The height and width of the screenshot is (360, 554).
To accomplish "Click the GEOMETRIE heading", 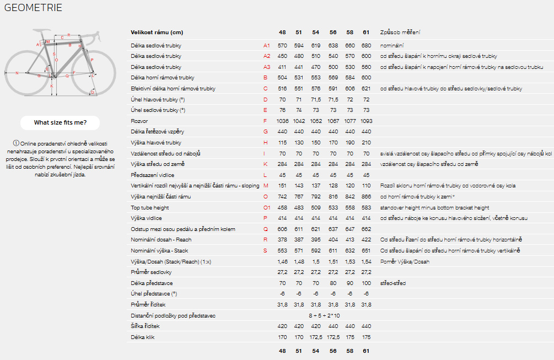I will click(x=33, y=8).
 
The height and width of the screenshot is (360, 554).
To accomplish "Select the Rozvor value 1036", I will click(x=282, y=121).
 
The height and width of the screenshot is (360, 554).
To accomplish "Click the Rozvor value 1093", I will click(x=366, y=121).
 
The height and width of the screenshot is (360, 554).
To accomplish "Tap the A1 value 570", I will click(x=282, y=45).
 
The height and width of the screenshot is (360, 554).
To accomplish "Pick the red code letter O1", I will click(x=267, y=208).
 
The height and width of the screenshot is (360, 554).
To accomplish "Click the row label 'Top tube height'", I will click(x=150, y=208).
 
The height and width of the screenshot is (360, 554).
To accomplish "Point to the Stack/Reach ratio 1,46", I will click(x=283, y=262).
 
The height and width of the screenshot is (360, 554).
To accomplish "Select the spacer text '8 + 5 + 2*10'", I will click(x=324, y=316).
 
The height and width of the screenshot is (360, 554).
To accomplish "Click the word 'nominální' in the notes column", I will click(x=392, y=45).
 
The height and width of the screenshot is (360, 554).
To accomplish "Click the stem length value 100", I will click(x=366, y=283).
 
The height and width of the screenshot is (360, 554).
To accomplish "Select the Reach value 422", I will click(x=366, y=240).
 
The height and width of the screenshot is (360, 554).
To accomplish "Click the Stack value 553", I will click(x=282, y=251).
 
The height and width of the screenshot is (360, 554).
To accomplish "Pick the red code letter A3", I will click(x=267, y=67).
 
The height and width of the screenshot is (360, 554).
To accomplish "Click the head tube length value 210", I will click(x=366, y=143).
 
